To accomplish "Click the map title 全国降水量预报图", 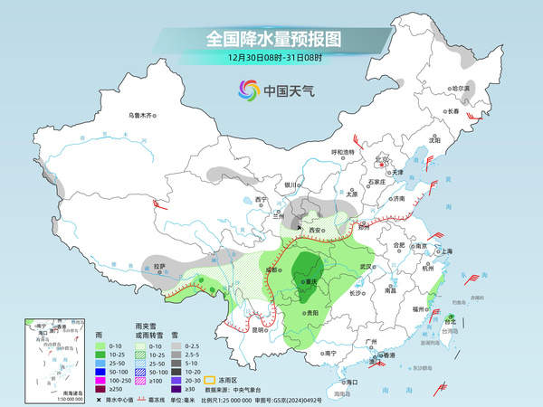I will pyautogui.click(x=271, y=39).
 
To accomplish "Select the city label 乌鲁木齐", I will pyautogui.click(x=142, y=115).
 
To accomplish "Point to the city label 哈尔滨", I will pyautogui.click(x=462, y=89).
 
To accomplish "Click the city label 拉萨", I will pyautogui.click(x=159, y=267).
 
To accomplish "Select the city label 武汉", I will pyautogui.click(x=366, y=267).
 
